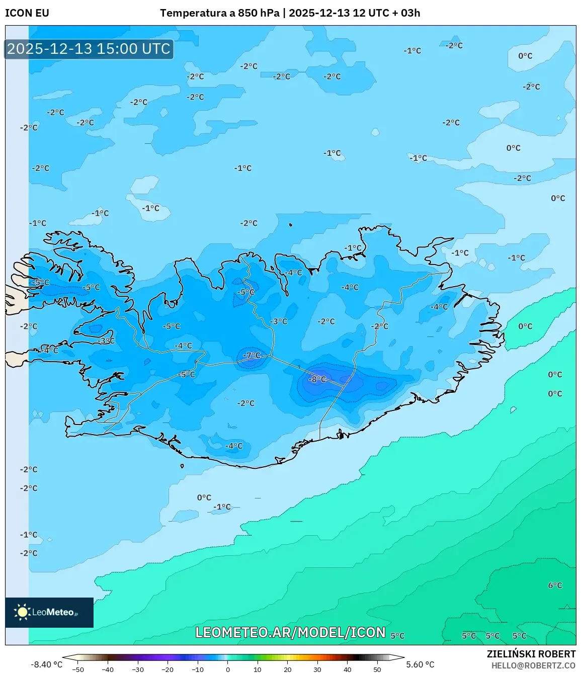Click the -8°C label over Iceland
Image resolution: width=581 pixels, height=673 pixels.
click(317, 379)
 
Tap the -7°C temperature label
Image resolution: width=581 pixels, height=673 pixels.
click(252, 356)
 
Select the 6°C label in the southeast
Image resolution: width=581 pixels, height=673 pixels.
click(555, 585)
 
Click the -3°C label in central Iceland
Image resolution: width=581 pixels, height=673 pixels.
click(279, 321)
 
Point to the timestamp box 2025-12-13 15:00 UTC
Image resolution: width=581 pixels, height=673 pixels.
click(89, 49)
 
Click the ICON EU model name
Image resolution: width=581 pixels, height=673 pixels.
click(27, 13)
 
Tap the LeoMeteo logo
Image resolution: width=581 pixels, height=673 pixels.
click(49, 612)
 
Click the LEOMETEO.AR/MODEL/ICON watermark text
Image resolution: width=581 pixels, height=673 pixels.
click(290, 632)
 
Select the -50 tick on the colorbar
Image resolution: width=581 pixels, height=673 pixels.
click(77, 669)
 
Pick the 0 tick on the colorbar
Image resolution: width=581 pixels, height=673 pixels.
click(228, 669)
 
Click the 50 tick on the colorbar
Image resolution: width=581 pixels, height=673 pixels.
click(377, 669)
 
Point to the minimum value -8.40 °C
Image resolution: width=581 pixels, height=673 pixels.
click(47, 664)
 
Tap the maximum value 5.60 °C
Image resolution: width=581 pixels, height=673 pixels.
click(420, 664)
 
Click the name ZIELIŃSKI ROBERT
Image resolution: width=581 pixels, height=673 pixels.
click(531, 654)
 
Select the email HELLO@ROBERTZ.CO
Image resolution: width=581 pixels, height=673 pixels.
click(533, 665)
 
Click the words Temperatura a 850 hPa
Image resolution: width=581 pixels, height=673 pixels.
click(219, 13)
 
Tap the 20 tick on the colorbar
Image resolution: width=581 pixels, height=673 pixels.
click(288, 669)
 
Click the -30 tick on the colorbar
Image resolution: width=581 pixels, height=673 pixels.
click(137, 669)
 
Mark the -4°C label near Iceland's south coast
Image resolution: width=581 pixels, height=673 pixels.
click(233, 446)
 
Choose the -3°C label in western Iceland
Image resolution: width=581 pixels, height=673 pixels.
click(106, 341)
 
